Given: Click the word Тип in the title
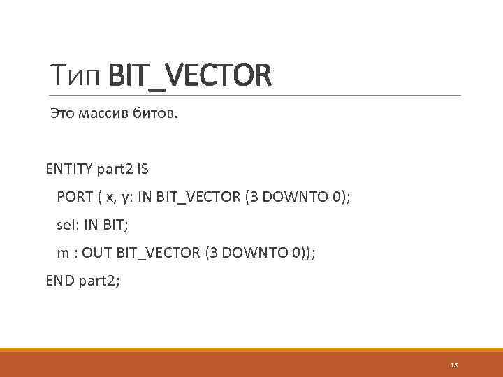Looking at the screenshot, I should coord(77,75).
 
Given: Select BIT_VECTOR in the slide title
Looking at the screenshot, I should coord(189,75).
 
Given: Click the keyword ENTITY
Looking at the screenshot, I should coord(67,168).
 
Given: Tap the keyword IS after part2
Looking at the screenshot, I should coord(143,168).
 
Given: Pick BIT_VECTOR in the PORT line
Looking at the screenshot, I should coord(197,197).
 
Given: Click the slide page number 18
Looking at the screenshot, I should coord(453,365).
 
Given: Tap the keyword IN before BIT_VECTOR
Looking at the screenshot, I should coord(147,197).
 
